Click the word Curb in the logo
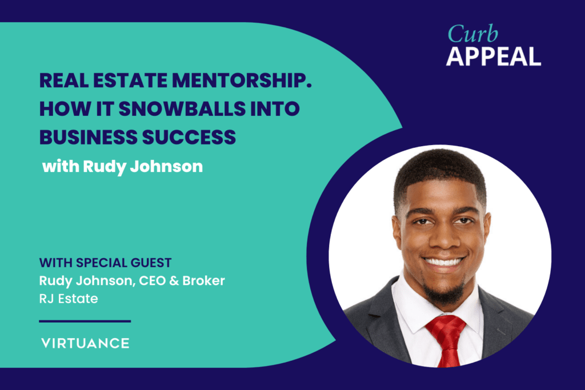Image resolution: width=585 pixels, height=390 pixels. point(472,34)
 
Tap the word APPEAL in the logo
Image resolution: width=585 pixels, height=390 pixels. point(494,57)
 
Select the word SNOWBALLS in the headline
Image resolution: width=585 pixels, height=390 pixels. point(182,108)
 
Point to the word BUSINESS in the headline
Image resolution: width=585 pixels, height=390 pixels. point(89,137)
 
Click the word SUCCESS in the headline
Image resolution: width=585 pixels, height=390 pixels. point(189,137)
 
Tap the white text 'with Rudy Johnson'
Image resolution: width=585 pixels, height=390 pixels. point(122,166)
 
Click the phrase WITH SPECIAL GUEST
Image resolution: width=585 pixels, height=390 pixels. point(106,263)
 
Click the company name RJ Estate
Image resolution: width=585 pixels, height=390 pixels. point(69,299)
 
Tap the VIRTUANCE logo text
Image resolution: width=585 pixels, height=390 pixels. point(86,343)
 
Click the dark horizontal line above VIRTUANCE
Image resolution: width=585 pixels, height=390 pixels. point(85,321)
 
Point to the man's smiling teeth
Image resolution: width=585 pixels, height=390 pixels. point(444,262)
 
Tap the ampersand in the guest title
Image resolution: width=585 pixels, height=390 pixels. point(174,281)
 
